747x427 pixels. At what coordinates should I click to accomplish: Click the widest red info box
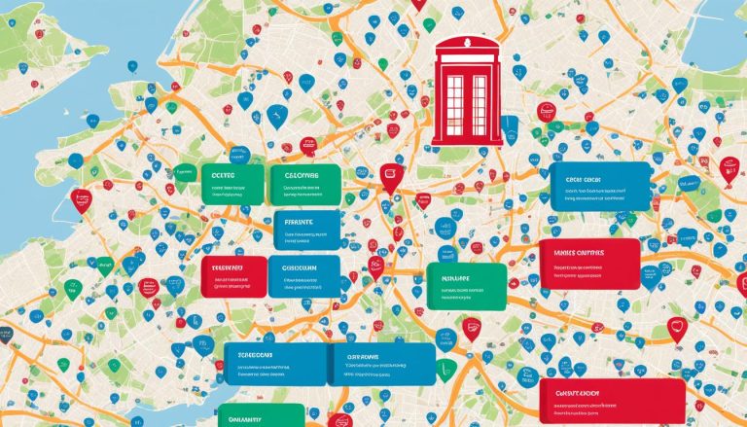tap(612, 400)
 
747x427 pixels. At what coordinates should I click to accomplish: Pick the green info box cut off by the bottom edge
tap(260, 415)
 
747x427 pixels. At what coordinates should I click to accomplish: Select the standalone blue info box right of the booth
tap(599, 187)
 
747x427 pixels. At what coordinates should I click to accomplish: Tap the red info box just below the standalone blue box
tap(588, 264)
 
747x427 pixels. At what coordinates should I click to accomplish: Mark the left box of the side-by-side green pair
tap(232, 184)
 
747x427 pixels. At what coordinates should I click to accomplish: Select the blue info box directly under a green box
tap(306, 231)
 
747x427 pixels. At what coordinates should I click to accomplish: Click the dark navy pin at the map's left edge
tap(5, 335)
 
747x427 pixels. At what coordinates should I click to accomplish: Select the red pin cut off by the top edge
tap(419, 5)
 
